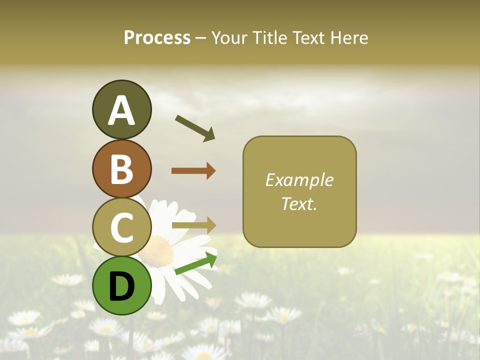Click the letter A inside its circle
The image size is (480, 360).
pyautogui.click(x=121, y=110)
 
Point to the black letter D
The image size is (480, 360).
pyautogui.click(x=121, y=286)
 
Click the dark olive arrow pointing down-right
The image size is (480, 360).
pyautogui.click(x=195, y=128)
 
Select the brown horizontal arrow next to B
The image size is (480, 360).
pyautogui.click(x=193, y=170)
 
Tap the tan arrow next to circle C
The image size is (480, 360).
pyautogui.click(x=193, y=224)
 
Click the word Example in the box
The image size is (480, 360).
pyautogui.click(x=299, y=180)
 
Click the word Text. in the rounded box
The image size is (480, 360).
pyautogui.click(x=299, y=203)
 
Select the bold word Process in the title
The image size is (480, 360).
pyautogui.click(x=157, y=37)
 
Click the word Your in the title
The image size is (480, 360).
pyautogui.click(x=229, y=37)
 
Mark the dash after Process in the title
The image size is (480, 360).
pyautogui.click(x=200, y=38)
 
